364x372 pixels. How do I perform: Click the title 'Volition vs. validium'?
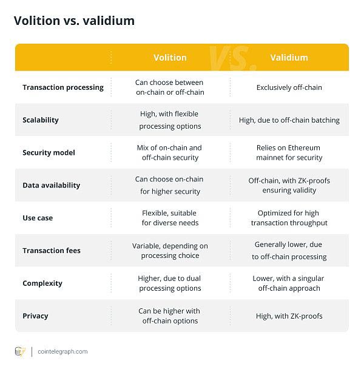point(74,21)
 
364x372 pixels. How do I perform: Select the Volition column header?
point(170,58)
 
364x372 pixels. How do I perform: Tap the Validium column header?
point(289,58)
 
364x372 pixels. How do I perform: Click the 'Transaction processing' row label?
point(63,87)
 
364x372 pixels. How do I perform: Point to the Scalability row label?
point(41,120)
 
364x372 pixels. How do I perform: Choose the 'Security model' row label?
point(49,153)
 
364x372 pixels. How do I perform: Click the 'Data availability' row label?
point(51,185)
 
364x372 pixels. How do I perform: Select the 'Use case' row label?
point(38,218)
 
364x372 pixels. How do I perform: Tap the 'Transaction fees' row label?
point(52,251)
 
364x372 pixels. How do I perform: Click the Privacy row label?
point(35,316)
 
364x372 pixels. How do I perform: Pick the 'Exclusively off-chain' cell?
point(289,87)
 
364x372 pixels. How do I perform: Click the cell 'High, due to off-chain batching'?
point(289,120)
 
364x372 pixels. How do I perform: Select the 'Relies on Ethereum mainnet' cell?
point(289,153)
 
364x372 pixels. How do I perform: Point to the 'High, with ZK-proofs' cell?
point(289,316)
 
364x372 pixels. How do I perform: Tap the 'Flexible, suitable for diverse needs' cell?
point(170,218)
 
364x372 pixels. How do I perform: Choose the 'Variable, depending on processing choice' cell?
point(170,251)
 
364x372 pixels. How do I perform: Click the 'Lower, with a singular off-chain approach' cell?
point(289,283)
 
